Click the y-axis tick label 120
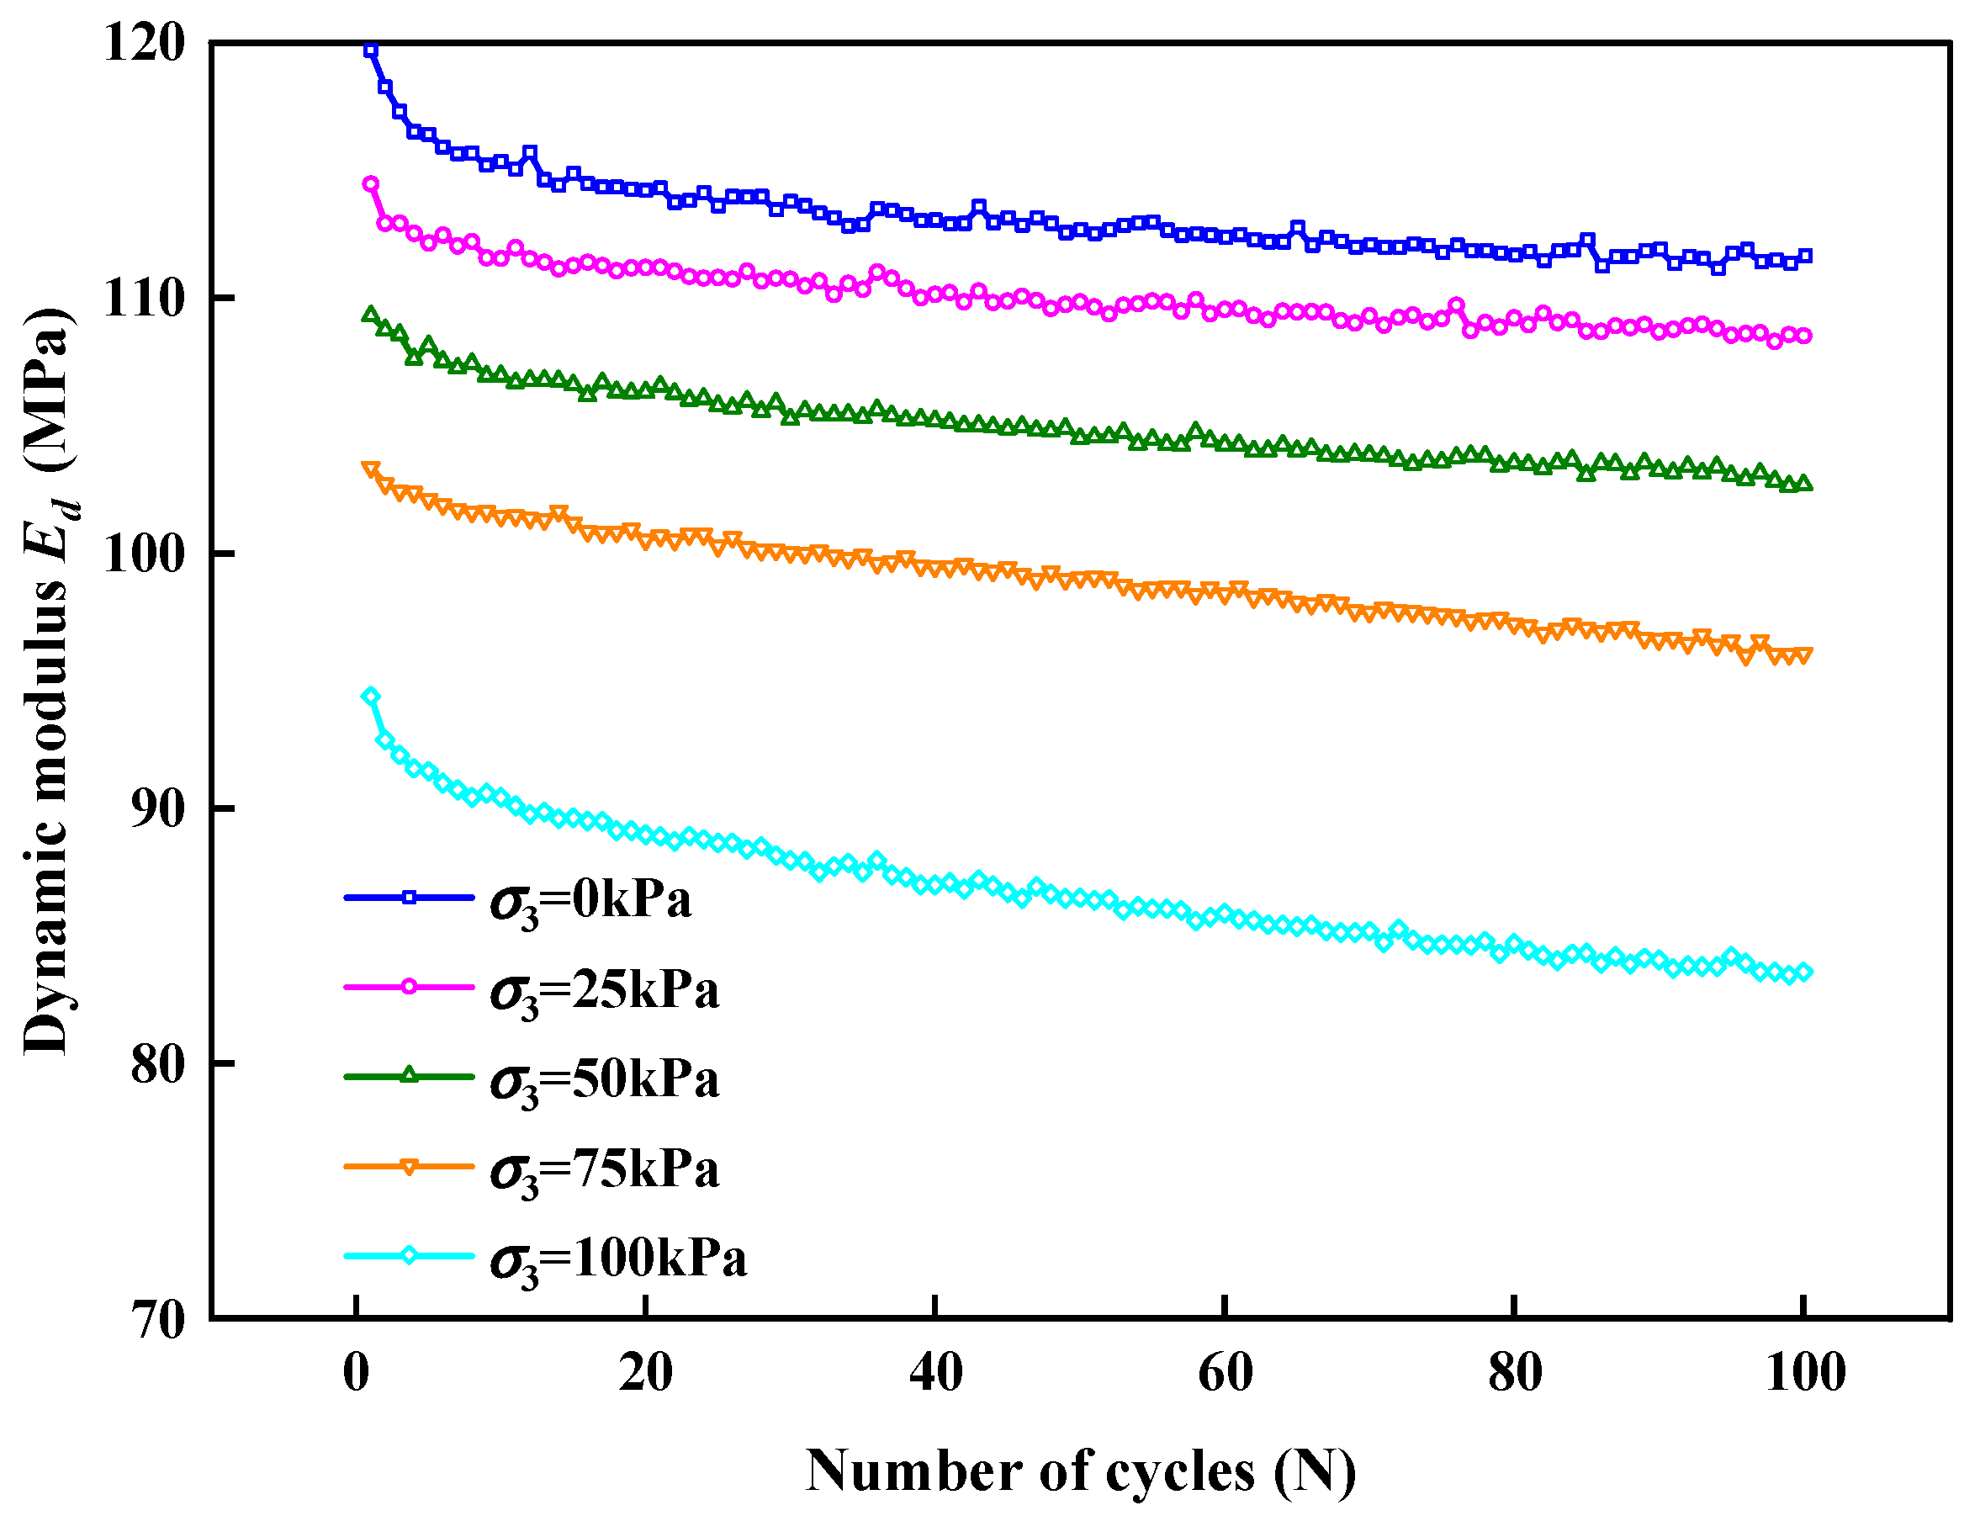click(143, 43)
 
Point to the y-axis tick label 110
click(143, 299)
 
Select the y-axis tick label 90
click(156, 808)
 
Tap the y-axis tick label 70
click(156, 1319)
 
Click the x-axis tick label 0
click(357, 1373)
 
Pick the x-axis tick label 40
click(934, 1373)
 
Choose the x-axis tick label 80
click(1514, 1373)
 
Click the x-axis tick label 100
click(1805, 1373)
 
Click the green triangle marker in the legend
click(409, 1076)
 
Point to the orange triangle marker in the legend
click(409, 1167)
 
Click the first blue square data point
click(371, 50)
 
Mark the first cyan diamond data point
click(371, 697)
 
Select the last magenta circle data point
click(1804, 337)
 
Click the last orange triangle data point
click(1804, 655)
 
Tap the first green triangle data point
click(371, 315)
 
